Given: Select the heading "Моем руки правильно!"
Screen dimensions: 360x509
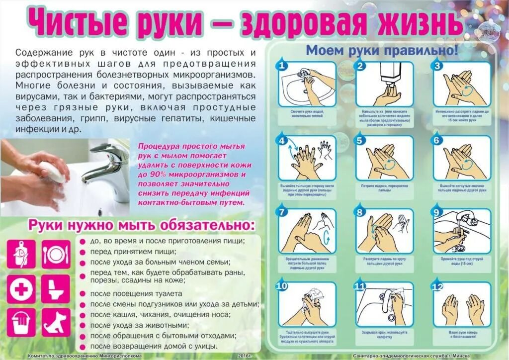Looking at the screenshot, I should click(381, 51).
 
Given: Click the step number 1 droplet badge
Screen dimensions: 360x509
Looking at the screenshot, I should click(282, 66).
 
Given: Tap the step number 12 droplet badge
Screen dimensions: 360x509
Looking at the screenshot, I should click(438, 286).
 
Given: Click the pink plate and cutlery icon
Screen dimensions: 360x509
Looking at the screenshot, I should click(56, 254).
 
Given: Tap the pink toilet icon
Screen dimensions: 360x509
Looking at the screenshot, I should click(56, 288).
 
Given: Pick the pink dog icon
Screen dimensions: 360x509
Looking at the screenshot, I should click(56, 323).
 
